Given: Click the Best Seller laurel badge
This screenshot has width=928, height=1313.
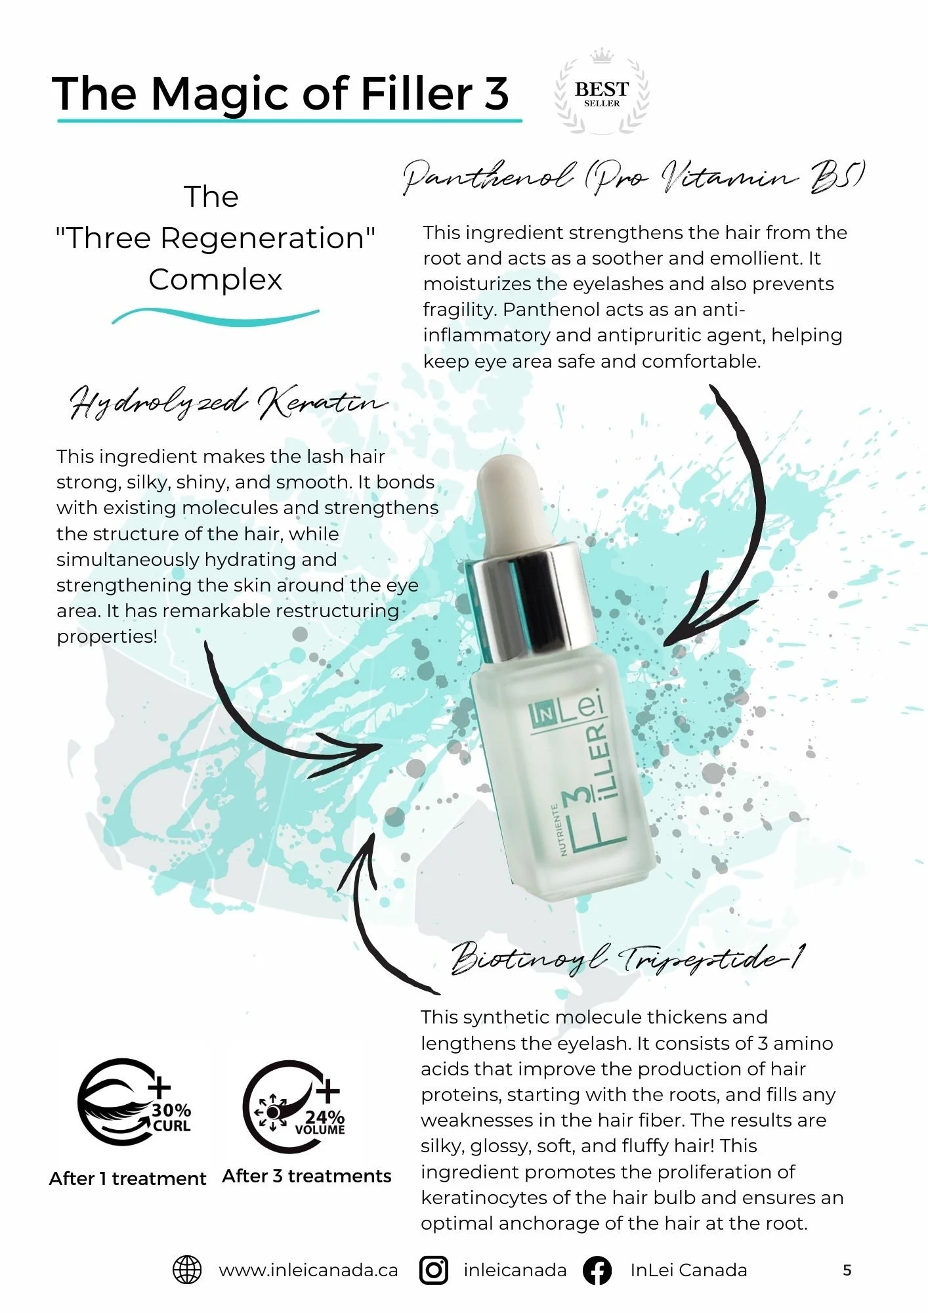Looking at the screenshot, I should (x=601, y=92).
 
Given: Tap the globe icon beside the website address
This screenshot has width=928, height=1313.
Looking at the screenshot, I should (x=187, y=1270).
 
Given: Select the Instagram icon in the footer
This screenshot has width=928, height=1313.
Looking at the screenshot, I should (x=434, y=1270).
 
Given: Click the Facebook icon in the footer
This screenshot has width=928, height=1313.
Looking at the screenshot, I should (x=597, y=1270).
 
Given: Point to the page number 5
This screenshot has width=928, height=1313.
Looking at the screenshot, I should (x=847, y=1270).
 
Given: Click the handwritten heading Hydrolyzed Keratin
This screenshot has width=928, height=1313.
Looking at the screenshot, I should (x=226, y=402).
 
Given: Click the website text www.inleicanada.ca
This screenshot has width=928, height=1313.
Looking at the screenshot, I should (x=308, y=1270).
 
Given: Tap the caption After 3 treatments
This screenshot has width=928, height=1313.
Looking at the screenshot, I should (x=306, y=1176).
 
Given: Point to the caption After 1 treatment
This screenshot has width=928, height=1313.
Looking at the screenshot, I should (x=127, y=1178).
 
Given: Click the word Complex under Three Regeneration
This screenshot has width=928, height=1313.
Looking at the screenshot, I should (x=215, y=280).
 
